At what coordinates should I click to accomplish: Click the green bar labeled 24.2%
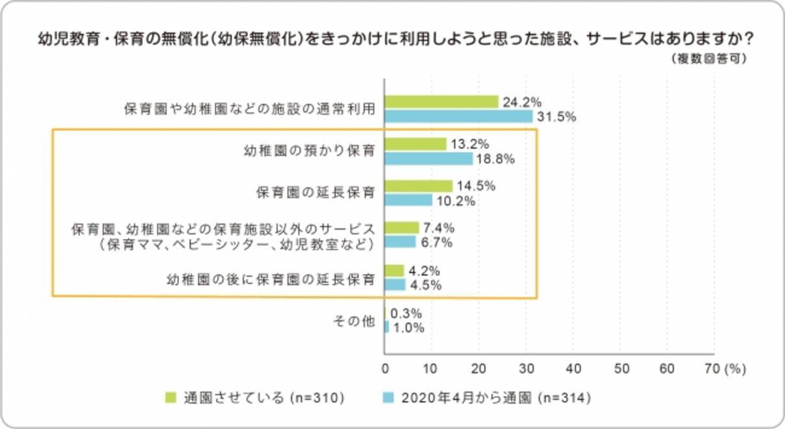pos(441,102)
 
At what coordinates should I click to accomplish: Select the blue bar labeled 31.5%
pos(459,117)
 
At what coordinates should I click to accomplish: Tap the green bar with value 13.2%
pos(416,144)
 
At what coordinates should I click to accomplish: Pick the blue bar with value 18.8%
pos(429,159)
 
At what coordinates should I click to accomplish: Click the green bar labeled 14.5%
pos(418,186)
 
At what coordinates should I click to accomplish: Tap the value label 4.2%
pos(426,270)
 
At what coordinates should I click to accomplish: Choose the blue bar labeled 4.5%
pos(395,285)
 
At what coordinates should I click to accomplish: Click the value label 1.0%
pos(408,328)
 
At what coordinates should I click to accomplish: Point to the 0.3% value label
pos(408,313)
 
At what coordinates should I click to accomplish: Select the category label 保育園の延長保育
pos(316,193)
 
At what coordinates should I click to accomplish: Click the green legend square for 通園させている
pos(171,398)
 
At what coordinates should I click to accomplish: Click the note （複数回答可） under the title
pos(710,58)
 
